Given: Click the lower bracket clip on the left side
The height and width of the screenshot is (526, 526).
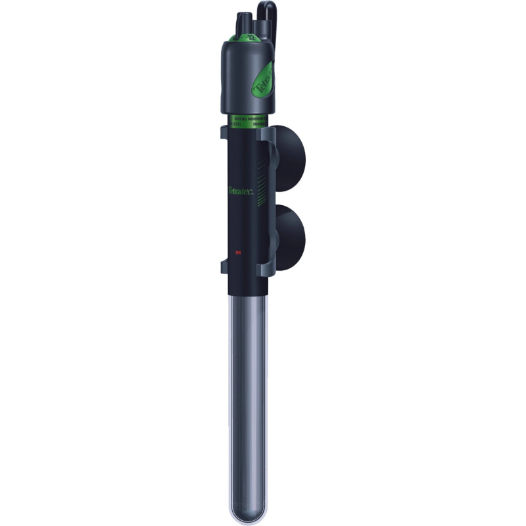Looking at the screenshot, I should [x=224, y=267].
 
